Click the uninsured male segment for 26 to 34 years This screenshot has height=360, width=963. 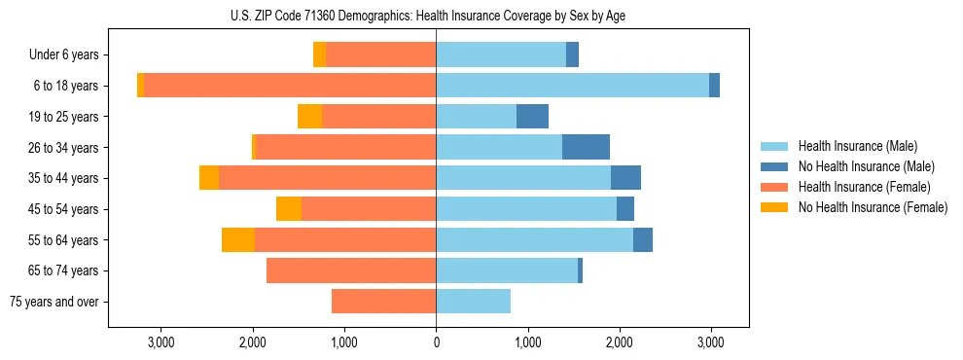(586, 147)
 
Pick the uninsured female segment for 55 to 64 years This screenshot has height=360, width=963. (238, 239)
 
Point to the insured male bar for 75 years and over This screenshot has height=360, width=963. (473, 302)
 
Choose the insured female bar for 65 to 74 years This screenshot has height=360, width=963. (351, 270)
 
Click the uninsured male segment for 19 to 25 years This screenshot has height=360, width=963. (532, 116)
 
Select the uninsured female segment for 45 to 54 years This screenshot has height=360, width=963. (289, 209)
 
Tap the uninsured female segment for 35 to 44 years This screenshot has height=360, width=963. (209, 178)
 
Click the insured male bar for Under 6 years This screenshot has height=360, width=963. (501, 54)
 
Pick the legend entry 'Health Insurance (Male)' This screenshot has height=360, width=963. (857, 146)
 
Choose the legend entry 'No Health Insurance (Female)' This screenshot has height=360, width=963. (873, 207)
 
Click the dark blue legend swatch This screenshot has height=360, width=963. (774, 166)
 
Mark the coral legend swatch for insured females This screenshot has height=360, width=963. (774, 187)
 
